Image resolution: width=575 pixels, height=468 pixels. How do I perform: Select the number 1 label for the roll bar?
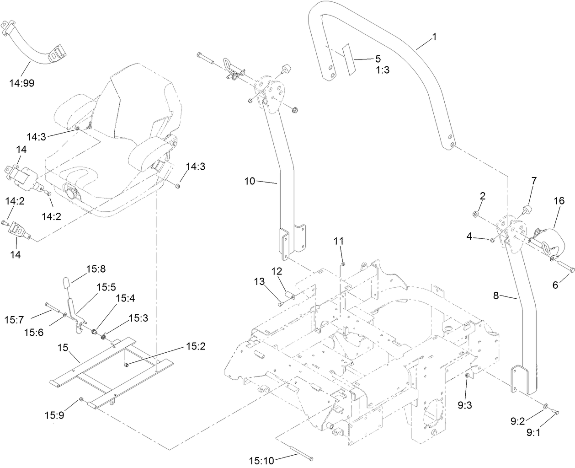434,37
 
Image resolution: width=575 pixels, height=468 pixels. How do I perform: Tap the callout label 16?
559,201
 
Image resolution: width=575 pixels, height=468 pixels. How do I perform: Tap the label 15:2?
195,346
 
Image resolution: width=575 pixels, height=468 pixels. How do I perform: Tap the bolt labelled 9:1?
555,412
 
